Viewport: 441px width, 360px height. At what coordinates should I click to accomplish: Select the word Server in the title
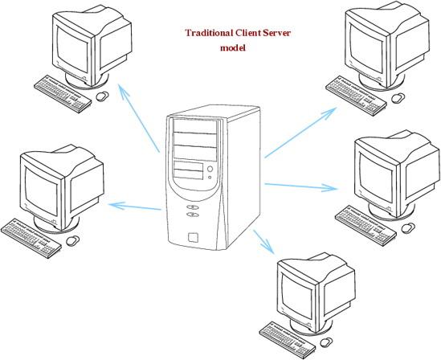coord(277,33)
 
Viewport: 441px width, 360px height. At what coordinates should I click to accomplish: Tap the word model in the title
coord(233,47)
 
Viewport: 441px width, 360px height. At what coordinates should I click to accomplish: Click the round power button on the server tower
coord(210,169)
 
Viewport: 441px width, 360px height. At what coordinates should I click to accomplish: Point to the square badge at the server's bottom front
coord(194,237)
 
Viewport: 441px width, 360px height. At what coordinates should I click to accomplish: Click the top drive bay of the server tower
coord(195,126)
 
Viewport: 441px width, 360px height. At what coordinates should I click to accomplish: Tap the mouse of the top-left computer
coord(102,96)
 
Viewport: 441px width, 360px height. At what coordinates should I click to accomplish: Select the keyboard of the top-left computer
coord(63,94)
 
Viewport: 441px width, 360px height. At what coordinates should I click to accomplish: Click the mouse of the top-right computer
coord(398,97)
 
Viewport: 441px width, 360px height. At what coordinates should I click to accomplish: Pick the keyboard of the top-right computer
coord(356,96)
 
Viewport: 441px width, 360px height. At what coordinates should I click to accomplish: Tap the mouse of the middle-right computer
coord(408,227)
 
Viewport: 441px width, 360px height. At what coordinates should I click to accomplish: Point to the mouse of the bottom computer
coord(326,342)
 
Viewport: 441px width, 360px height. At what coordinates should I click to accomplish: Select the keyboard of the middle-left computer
coord(31,238)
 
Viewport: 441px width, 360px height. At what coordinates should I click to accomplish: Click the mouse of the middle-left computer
coord(72,240)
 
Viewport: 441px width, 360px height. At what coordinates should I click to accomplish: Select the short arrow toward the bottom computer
coord(263,241)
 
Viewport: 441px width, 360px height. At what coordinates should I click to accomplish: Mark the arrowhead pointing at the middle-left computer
coord(116,206)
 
